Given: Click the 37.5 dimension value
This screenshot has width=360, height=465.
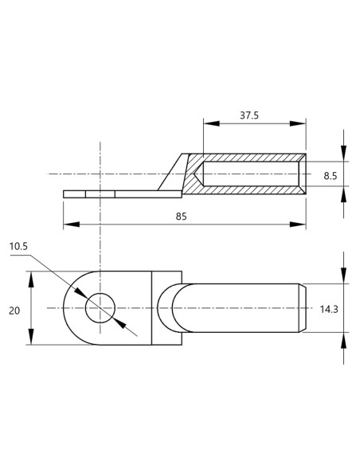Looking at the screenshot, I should (x=248, y=115).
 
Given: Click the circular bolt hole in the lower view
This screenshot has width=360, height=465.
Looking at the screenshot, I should (x=100, y=307).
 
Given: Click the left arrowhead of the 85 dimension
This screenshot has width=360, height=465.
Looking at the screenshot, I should (x=68, y=225).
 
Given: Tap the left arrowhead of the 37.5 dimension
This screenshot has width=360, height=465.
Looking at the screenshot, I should (x=208, y=123).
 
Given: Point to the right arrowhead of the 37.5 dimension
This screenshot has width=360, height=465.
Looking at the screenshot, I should (x=301, y=123).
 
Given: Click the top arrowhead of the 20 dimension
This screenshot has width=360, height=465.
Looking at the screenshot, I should (x=31, y=275).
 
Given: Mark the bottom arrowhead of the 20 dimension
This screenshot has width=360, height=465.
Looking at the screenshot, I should (x=31, y=340).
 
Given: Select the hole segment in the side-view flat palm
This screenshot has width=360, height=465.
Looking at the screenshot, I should (x=100, y=193).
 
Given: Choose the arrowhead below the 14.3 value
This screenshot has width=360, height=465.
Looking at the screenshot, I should (x=343, y=338).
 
